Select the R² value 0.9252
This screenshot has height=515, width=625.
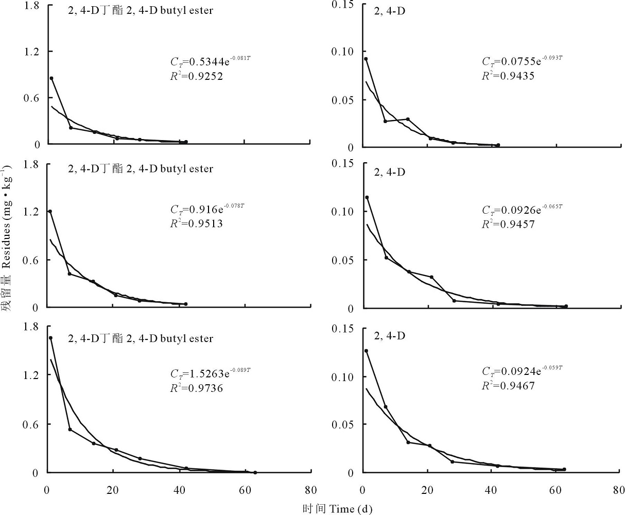(x=197, y=76)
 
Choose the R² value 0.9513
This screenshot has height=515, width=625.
(x=197, y=224)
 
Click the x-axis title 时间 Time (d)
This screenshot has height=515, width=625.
(x=337, y=509)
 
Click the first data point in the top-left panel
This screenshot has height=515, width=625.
(x=51, y=78)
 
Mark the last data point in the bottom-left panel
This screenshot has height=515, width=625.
(x=255, y=472)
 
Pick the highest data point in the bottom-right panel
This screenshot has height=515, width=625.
(x=366, y=351)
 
